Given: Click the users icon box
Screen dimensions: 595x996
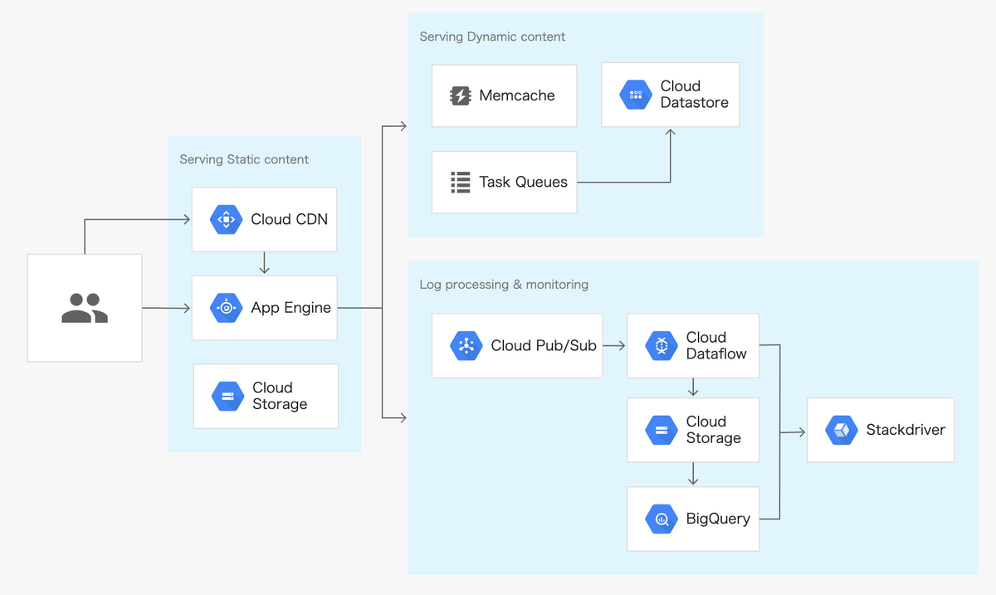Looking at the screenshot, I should (x=85, y=308).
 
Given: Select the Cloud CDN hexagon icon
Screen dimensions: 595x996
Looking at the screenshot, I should (x=226, y=220).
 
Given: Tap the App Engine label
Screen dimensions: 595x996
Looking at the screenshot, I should (x=290, y=308).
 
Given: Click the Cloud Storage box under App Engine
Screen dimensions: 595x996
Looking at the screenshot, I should (x=266, y=396).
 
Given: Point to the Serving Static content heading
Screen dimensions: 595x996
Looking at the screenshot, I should (x=244, y=159).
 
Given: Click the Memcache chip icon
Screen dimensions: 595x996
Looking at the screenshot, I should (x=460, y=96).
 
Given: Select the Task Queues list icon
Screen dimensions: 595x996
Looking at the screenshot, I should (x=460, y=183).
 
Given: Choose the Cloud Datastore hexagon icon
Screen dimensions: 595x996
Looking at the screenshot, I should (x=636, y=95).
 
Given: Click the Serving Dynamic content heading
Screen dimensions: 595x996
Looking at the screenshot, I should (x=492, y=37).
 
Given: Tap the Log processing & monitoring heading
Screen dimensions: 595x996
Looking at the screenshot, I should (x=504, y=285).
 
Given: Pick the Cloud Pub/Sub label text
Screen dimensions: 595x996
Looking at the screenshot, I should (x=544, y=346).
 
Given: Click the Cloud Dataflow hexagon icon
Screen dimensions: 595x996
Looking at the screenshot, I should (x=662, y=346).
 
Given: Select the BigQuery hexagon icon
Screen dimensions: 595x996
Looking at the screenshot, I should (x=662, y=519).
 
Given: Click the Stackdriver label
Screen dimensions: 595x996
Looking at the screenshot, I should (x=906, y=430).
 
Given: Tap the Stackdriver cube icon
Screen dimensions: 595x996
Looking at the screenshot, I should (x=841, y=430).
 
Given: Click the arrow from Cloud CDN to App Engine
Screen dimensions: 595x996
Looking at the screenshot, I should (x=264, y=264).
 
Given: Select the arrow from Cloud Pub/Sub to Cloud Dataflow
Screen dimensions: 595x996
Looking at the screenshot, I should (x=614, y=346).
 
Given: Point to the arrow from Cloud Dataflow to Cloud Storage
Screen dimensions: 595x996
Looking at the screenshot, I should (x=693, y=388).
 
